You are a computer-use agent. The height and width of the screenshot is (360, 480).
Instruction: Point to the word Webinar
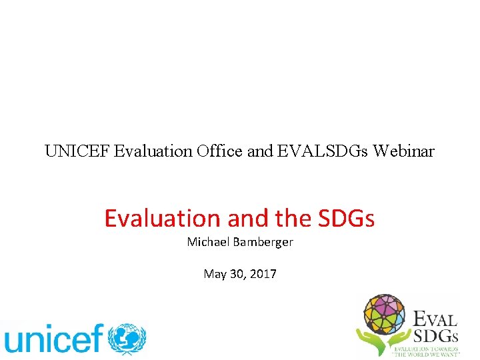click(403, 151)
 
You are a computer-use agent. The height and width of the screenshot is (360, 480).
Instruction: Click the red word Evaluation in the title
click(162, 218)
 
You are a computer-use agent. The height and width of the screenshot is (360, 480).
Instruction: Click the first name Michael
click(208, 242)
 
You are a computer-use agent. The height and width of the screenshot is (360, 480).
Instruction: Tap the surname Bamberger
click(263, 242)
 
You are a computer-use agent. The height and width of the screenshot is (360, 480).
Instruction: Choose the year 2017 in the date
click(264, 274)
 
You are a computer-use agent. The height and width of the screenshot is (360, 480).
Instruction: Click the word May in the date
click(214, 275)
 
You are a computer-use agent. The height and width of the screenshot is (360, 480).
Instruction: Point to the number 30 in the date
click(237, 274)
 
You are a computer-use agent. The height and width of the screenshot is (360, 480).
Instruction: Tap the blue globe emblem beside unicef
click(128, 339)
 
